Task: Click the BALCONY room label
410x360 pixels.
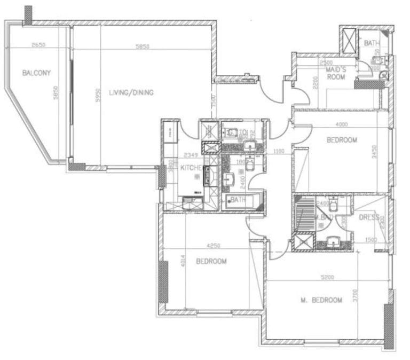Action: point(36,73)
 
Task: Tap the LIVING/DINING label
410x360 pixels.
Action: point(131,93)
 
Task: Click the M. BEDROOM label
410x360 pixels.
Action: point(321,300)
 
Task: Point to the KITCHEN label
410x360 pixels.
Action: point(190,168)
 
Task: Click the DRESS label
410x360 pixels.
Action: point(369,217)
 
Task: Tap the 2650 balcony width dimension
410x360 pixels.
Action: point(38,46)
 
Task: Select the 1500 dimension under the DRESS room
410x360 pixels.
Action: point(370,240)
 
